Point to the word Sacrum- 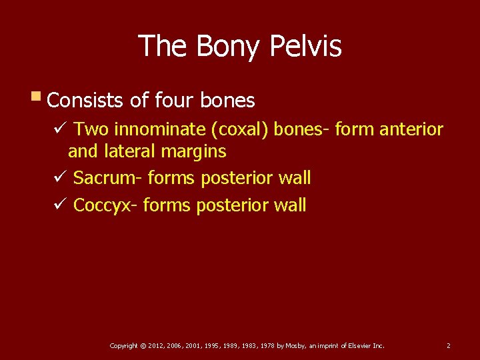(x=108, y=178)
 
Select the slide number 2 (x=448, y=345)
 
